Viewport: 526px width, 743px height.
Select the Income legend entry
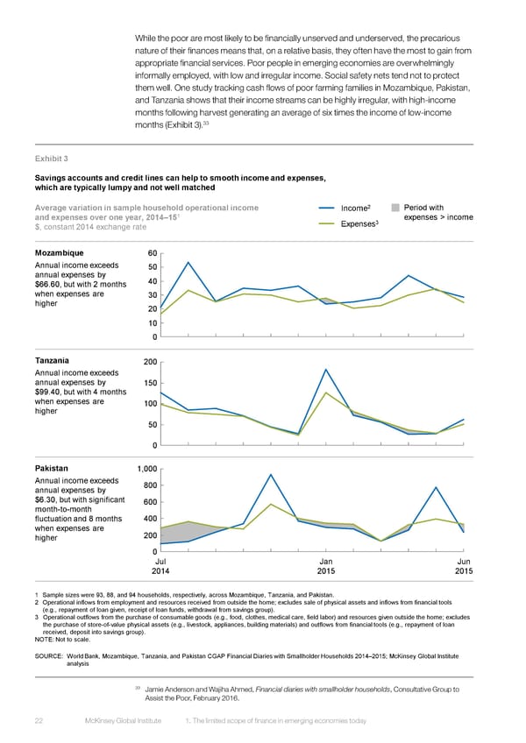tap(354, 208)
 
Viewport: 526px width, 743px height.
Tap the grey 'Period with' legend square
tap(395, 208)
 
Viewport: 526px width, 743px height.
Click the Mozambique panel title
tap(60, 252)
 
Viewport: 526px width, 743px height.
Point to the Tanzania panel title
tap(53, 361)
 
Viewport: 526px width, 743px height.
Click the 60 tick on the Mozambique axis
tap(152, 252)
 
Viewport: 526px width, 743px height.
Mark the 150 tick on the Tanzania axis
tap(149, 383)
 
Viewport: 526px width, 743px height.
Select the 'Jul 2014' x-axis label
tap(161, 566)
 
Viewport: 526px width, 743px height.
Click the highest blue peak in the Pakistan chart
tap(271, 474)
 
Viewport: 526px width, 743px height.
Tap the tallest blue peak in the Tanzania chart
tap(325, 369)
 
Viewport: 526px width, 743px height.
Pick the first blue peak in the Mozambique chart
tap(188, 262)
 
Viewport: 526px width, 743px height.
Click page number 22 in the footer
tap(39, 719)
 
